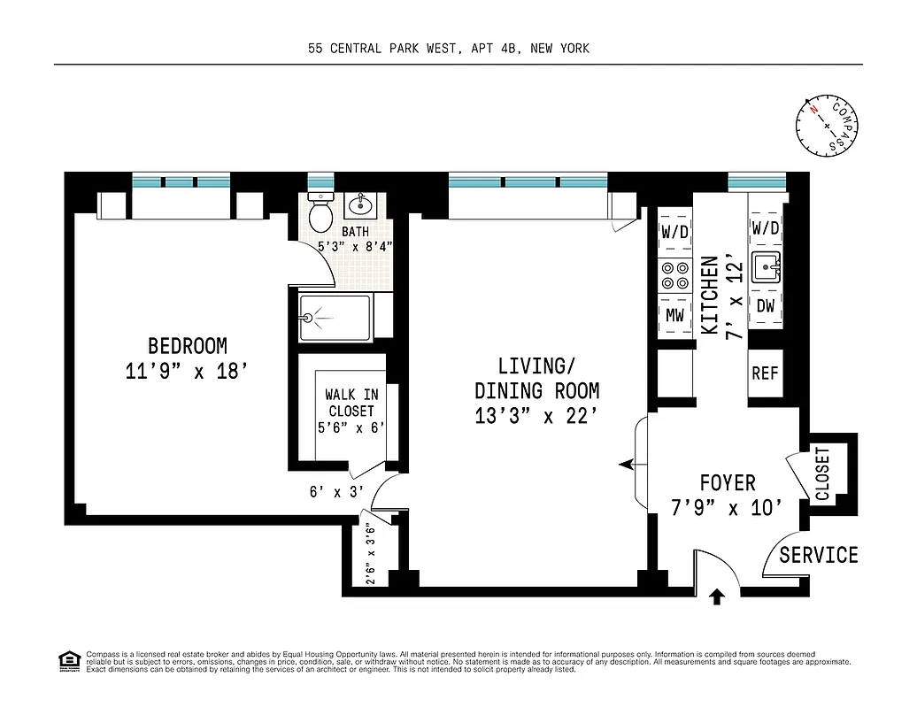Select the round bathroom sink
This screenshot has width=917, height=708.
359,206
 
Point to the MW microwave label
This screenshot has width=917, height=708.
675,315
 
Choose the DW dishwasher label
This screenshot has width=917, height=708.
766,305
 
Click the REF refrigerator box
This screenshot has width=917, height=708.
765,373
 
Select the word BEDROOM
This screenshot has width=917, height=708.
187,345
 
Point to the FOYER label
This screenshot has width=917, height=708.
728,483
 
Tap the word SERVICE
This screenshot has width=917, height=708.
819,555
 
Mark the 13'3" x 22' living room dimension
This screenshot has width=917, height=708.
536,416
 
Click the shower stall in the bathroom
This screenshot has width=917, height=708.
336,317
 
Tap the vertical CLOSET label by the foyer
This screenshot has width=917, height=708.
823,474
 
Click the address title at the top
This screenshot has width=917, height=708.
449,50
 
